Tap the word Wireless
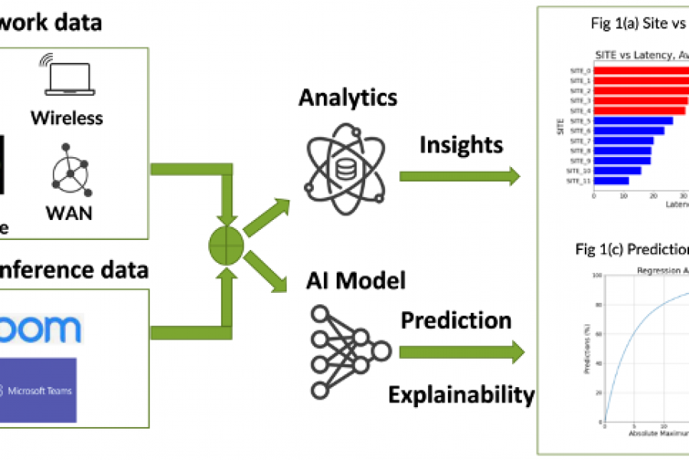tap(67, 117)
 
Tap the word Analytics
tap(348, 97)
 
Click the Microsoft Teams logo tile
tap(39, 390)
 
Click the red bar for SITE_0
tap(640, 71)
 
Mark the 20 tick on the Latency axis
tap(653, 195)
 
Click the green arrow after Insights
tap(459, 176)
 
